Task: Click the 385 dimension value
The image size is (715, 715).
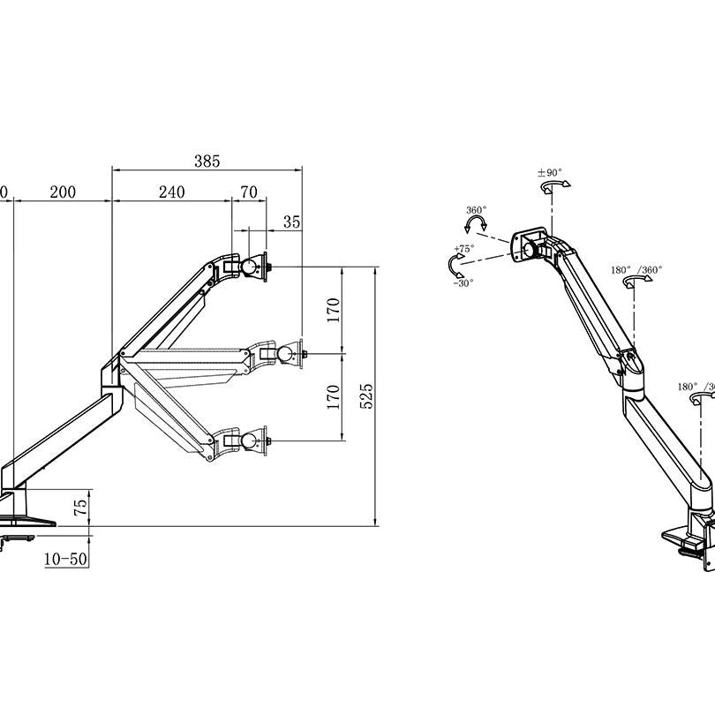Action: [x=207, y=161]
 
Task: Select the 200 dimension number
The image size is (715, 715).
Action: [x=63, y=192]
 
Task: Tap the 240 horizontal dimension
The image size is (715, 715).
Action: [x=171, y=192]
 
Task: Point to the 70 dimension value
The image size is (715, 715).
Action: [x=249, y=192]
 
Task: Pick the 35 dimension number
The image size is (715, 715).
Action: [x=292, y=222]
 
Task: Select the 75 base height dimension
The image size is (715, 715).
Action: [x=80, y=508]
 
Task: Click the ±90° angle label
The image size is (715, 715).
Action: [x=550, y=173]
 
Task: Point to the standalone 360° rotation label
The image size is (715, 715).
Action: [x=476, y=211]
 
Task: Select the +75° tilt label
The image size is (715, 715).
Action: [x=463, y=249]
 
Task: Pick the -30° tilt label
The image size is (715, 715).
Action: [x=463, y=282]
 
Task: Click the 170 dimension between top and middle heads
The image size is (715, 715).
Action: [x=334, y=309]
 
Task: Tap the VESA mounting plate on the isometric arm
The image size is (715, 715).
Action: [x=531, y=245]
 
